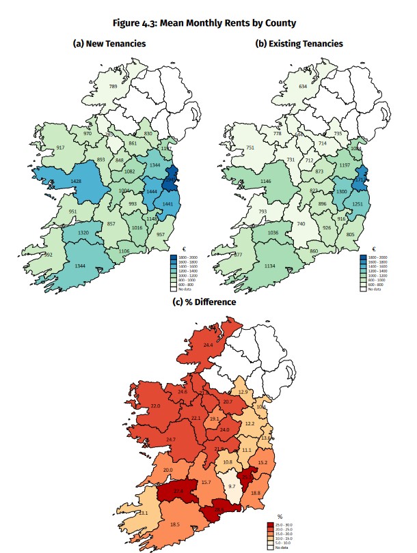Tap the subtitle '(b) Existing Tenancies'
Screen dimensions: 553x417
[x=299, y=44]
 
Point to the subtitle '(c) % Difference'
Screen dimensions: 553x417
[x=209, y=301]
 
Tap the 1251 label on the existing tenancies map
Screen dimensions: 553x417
[x=358, y=204]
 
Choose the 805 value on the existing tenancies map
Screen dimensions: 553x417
[x=350, y=235]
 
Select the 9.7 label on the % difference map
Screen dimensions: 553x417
[x=232, y=486]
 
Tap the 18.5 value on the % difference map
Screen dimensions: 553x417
[x=174, y=524]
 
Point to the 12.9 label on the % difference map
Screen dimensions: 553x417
[x=243, y=392]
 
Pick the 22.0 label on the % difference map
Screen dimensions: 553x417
[x=155, y=406]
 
